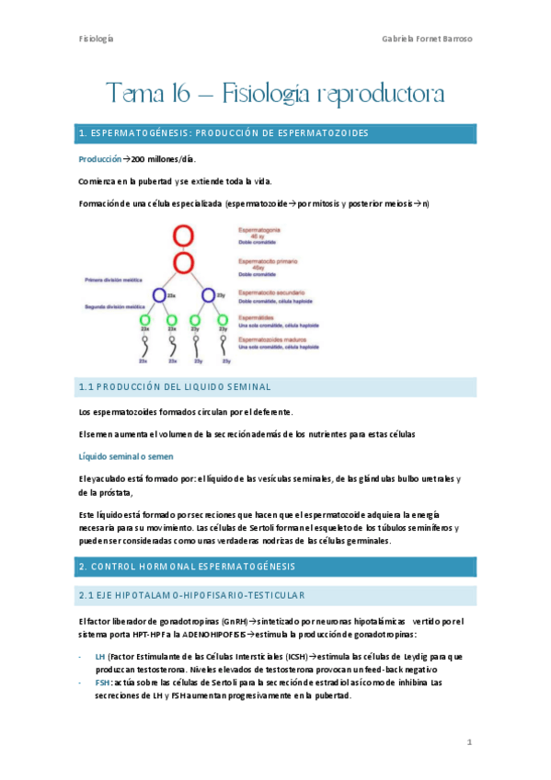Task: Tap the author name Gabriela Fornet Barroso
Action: coord(428,40)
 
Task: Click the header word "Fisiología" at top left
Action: coord(96,40)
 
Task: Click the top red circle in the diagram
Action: coord(183,235)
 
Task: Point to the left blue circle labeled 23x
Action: coord(159,296)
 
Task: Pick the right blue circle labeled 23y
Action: coord(209,296)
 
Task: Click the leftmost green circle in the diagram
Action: coord(145,320)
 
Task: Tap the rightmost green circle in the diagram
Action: coord(221,320)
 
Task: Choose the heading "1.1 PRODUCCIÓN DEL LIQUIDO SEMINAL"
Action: coord(175,386)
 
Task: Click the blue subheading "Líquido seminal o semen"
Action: coord(124,455)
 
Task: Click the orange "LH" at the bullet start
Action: coord(99,656)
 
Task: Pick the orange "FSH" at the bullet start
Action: coord(101,682)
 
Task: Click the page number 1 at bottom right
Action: coord(469,741)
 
